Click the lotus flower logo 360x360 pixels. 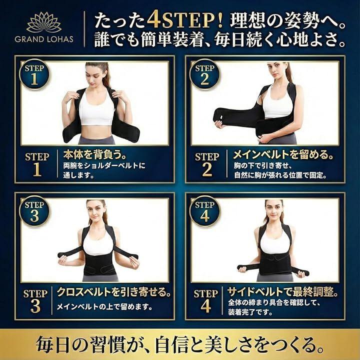click(44, 22)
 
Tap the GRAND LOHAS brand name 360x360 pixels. click(44, 39)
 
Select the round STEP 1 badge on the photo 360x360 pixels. click(34, 74)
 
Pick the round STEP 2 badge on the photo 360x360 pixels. click(205, 74)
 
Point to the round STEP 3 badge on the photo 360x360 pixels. click(34, 211)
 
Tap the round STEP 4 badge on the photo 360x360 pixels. click(205, 211)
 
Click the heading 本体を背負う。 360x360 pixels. click(95, 154)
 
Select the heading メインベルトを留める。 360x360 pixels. click(283, 154)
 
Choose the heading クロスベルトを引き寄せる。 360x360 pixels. click(114, 292)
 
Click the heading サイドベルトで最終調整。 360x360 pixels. click(283, 292)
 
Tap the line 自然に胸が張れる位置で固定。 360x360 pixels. click(280, 175)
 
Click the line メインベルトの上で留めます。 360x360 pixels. click(104, 306)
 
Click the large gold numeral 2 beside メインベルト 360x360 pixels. click(207, 169)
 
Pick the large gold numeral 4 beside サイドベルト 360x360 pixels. click(205, 306)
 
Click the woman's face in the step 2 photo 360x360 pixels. click(275, 70)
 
